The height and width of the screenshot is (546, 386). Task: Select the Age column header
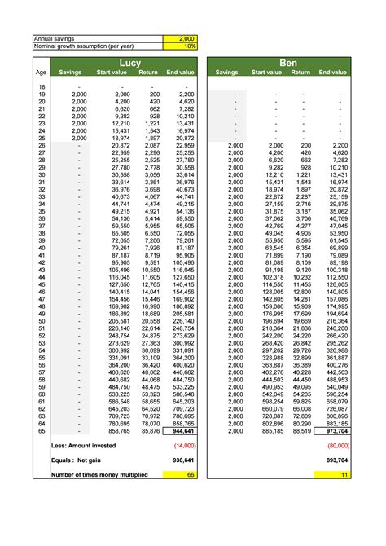pos(41,73)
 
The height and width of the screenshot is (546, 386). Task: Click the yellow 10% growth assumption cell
pos(180,46)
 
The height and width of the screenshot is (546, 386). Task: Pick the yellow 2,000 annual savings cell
pos(180,38)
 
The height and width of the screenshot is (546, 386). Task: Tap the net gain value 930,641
pos(180,460)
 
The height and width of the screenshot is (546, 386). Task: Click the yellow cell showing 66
pos(180,474)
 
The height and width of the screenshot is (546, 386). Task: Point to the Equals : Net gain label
pos(80,460)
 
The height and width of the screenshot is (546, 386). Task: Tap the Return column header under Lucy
pos(148,73)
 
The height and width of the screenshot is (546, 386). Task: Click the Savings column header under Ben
pos(227,73)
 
